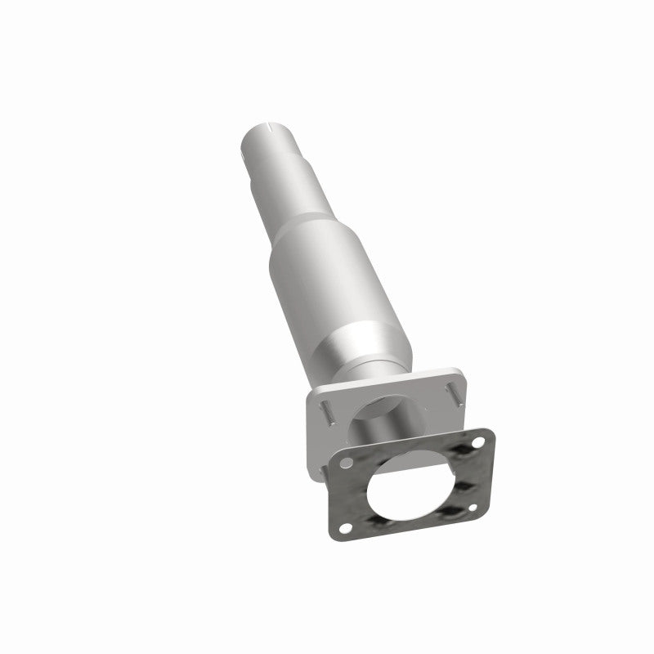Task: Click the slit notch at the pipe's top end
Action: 270,129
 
